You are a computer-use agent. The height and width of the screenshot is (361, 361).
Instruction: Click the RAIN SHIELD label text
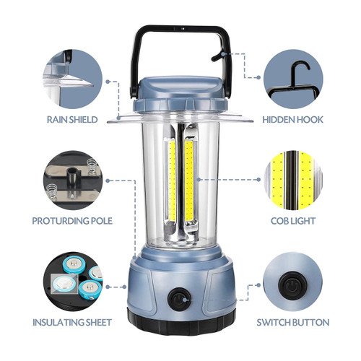tap(72, 120)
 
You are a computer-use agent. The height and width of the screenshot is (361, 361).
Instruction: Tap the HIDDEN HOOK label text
tap(292, 120)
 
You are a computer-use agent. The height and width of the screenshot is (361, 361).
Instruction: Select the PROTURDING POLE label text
tap(72, 221)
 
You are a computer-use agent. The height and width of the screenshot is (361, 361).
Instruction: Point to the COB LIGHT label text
tap(293, 221)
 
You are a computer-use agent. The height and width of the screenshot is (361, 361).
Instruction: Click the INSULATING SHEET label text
tap(72, 322)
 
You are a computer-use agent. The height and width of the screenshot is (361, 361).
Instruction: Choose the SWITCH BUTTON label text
tap(293, 322)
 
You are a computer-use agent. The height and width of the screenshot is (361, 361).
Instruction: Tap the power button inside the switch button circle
tap(292, 286)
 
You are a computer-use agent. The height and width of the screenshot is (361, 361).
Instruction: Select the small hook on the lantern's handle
tap(217, 57)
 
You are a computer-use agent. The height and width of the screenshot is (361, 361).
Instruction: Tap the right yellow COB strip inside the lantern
tap(189, 180)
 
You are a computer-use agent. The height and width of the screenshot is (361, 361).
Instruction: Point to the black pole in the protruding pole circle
tap(72, 178)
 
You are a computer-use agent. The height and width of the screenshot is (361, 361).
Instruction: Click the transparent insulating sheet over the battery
tap(64, 284)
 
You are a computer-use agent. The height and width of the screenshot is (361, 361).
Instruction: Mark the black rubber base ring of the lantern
tap(181, 322)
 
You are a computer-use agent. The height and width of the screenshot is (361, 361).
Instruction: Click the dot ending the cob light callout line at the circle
tap(258, 180)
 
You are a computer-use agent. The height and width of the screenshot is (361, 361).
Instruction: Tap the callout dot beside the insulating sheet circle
tap(108, 287)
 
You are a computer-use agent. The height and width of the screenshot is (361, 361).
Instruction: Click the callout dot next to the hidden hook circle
tap(258, 77)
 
